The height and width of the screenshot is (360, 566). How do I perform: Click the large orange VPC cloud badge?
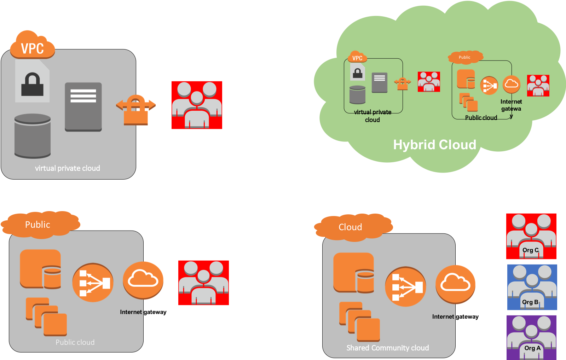(33, 46)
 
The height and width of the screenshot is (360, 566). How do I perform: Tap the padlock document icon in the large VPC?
(32, 82)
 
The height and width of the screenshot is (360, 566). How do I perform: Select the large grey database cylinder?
(33, 136)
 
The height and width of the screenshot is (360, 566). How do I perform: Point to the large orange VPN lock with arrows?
(136, 109)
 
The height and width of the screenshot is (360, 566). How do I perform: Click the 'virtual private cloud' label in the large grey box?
(67, 168)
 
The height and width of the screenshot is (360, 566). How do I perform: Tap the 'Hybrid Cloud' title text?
(434, 145)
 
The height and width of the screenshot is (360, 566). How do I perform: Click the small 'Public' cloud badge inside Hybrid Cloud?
(465, 57)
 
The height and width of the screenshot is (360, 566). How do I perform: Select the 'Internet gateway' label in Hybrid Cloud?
(511, 106)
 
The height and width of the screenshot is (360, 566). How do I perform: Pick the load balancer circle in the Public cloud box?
(93, 283)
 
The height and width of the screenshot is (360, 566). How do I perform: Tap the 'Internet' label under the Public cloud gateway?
(131, 312)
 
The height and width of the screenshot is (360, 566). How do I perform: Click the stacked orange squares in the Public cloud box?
(46, 317)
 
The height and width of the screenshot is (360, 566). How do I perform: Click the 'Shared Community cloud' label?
(387, 348)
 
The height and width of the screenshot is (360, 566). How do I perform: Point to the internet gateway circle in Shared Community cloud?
(455, 284)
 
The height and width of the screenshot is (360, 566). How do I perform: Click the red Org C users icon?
(531, 236)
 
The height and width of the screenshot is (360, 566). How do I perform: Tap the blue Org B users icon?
(532, 287)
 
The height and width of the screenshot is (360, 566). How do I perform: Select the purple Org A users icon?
(531, 337)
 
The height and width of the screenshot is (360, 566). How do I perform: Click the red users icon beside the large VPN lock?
(197, 105)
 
